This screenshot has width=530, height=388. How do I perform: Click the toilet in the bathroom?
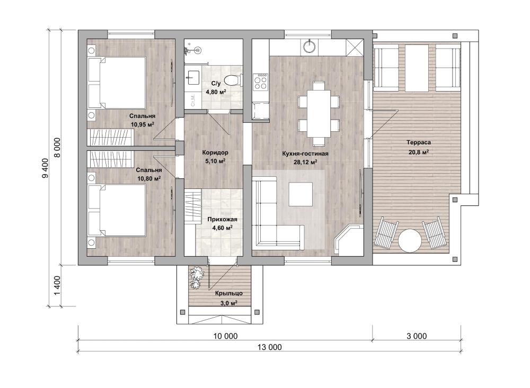tap(233, 80)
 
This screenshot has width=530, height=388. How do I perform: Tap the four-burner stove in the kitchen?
tap(261, 82)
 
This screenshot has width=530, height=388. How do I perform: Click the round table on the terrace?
tap(410, 240)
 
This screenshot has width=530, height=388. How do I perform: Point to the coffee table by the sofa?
tap(301, 194)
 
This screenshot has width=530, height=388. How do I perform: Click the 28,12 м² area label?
tap(305, 163)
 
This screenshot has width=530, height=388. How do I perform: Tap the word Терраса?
tap(419, 142)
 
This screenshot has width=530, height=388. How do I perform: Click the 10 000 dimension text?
tap(225, 336)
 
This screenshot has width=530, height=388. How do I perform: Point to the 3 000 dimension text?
tap(417, 336)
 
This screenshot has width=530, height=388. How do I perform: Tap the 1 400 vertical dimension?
tap(57, 285)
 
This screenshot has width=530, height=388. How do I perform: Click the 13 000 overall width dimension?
tap(269, 347)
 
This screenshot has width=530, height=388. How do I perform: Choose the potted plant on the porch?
tap(196, 277)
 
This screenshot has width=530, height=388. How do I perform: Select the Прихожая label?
tap(222, 220)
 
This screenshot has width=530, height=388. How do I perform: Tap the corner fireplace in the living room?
tap(348, 240)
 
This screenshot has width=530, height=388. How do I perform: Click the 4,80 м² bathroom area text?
tap(216, 92)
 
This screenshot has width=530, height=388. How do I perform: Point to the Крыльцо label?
tap(228, 293)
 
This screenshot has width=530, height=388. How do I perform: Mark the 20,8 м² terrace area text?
tap(419, 152)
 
